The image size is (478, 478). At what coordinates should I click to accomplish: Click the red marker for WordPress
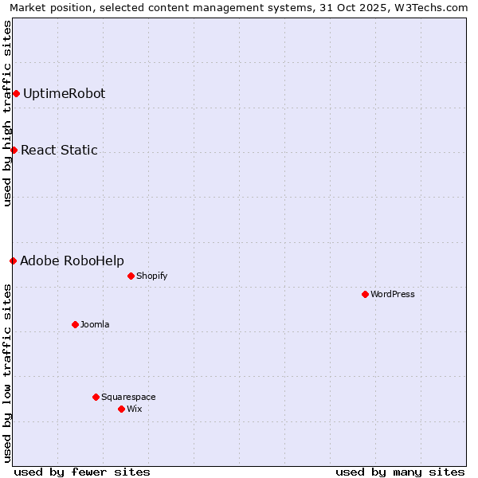click(x=365, y=294)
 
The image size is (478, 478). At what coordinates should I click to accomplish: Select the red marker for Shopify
click(x=131, y=276)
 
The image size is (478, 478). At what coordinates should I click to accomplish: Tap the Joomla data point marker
click(x=75, y=324)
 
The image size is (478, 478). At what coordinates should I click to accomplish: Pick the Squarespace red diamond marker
click(x=96, y=397)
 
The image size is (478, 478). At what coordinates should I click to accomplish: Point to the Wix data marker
click(x=121, y=409)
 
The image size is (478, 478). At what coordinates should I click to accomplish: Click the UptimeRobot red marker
click(x=16, y=93)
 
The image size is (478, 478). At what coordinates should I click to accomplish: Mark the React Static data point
click(x=14, y=150)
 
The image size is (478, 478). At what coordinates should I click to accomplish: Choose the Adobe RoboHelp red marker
click(x=13, y=261)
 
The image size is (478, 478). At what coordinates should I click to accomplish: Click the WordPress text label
click(x=393, y=294)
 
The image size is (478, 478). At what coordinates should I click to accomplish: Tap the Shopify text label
click(x=151, y=276)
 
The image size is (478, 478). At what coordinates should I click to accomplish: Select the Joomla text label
click(x=95, y=324)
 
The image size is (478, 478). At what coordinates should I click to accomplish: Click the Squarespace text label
click(x=128, y=397)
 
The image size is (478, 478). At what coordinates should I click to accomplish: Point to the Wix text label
click(x=134, y=409)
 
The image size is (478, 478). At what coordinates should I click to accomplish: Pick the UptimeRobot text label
click(x=64, y=93)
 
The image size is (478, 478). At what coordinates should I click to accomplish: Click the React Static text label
click(x=59, y=150)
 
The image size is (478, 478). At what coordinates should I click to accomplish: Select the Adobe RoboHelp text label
click(x=72, y=261)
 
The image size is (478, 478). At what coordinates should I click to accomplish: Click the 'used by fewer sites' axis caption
click(x=82, y=472)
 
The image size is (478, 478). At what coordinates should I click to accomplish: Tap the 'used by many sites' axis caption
click(x=400, y=472)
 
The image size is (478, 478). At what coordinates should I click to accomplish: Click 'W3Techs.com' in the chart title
click(x=433, y=7)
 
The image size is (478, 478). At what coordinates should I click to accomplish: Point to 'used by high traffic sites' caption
click(x=7, y=113)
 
